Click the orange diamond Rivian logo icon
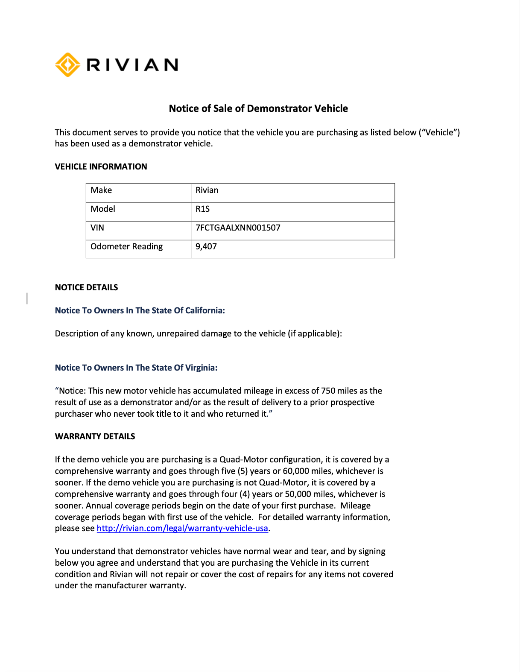(x=67, y=65)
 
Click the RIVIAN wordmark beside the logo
(x=132, y=65)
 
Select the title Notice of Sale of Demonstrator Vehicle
(x=258, y=108)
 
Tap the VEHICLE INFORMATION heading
(x=101, y=167)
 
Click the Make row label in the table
(x=101, y=190)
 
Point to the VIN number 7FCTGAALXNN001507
(x=238, y=228)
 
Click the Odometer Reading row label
(x=126, y=247)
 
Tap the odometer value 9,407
(x=206, y=247)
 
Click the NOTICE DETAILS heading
(x=86, y=287)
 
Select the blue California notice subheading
(x=140, y=310)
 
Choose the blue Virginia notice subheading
(x=136, y=368)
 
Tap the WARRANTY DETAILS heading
(x=95, y=436)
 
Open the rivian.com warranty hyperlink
(x=182, y=529)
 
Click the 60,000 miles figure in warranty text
(x=295, y=471)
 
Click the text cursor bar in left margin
(x=27, y=298)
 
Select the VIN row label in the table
(x=97, y=228)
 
